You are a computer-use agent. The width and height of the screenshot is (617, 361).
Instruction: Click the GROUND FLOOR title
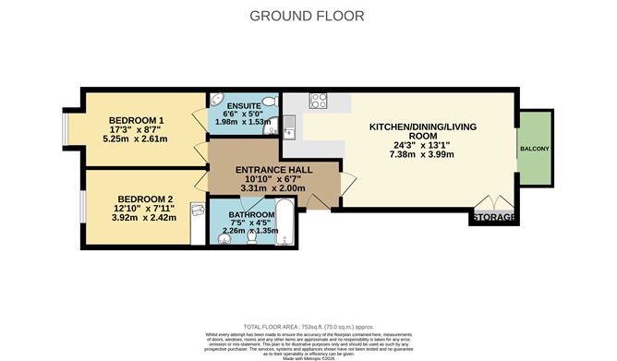308,16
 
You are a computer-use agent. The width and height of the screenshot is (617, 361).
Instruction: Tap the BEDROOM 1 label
136,121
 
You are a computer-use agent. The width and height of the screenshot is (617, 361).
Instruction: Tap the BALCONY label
534,149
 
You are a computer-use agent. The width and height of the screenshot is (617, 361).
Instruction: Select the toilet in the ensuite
268,102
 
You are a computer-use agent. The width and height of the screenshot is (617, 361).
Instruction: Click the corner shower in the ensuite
217,101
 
